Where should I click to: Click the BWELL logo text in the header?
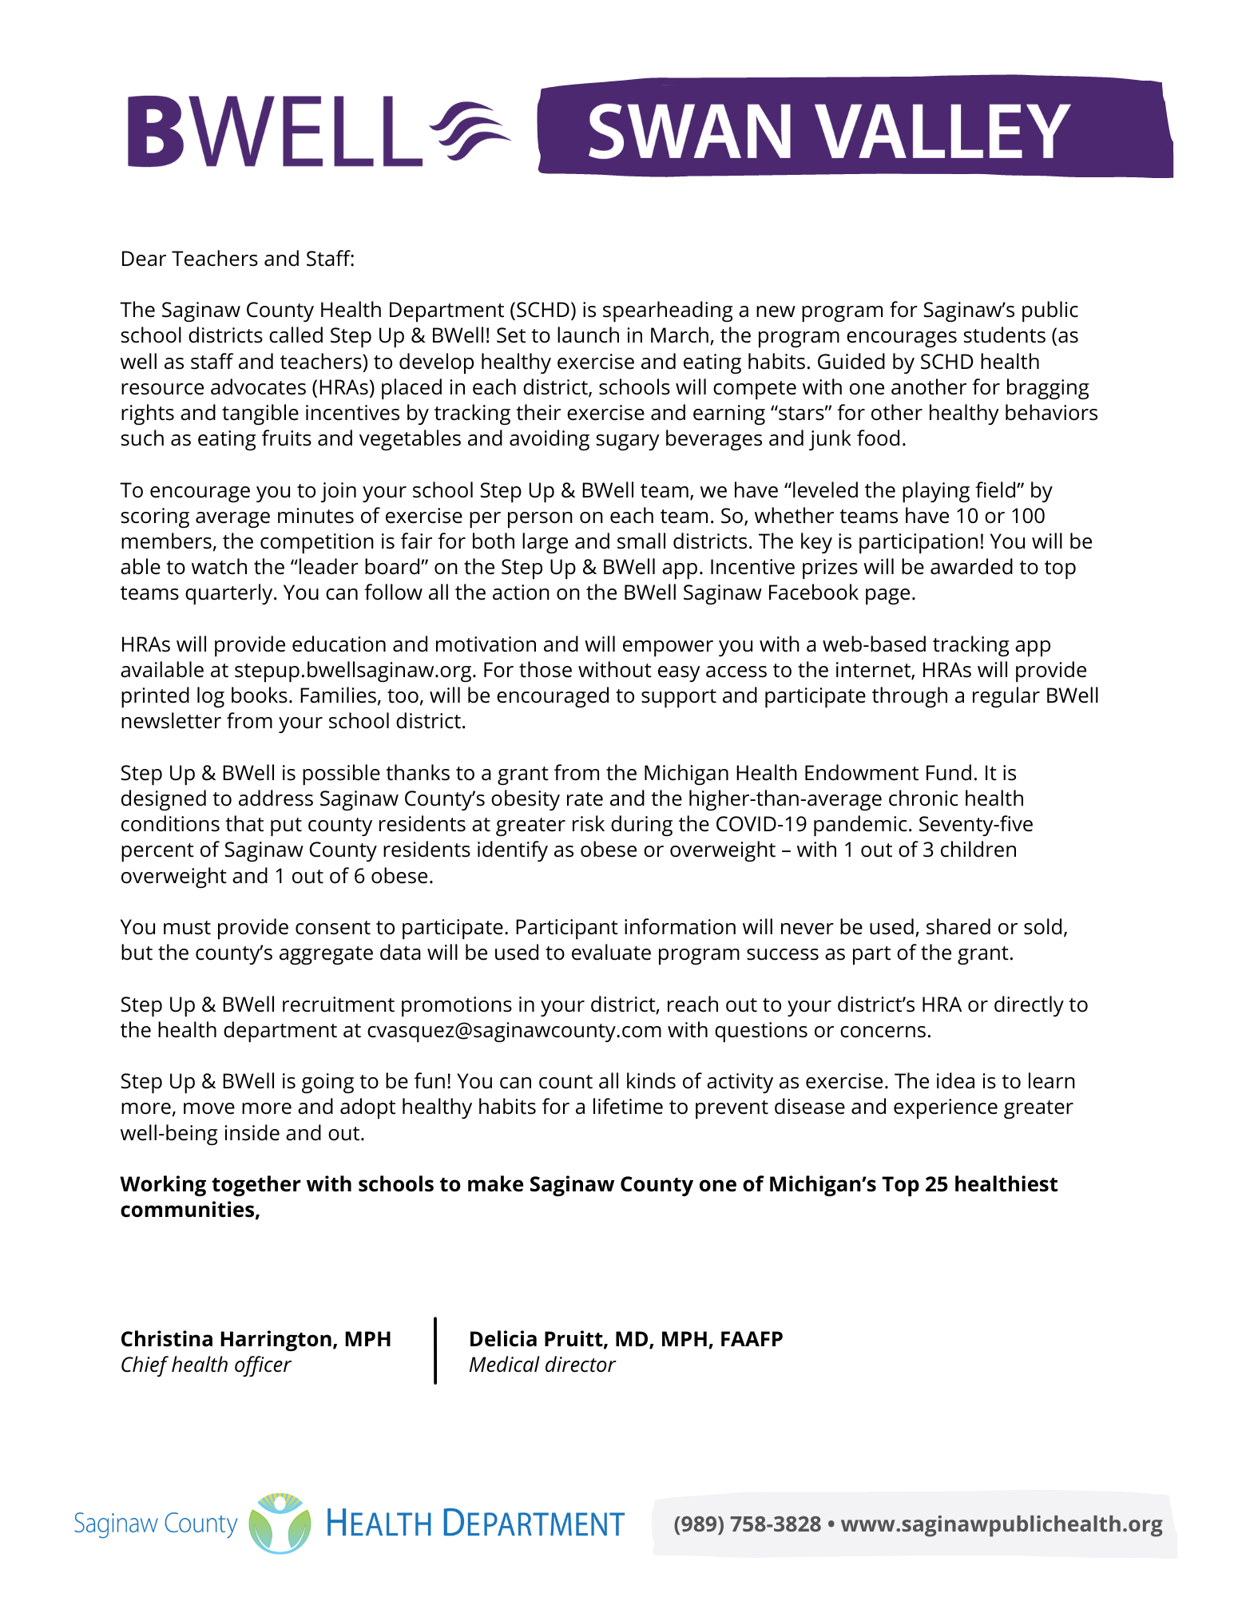[274, 132]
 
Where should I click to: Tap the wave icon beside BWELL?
[470, 132]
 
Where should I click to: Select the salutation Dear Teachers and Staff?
[237, 259]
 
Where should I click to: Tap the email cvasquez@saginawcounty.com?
[514, 1030]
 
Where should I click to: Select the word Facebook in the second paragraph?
[810, 592]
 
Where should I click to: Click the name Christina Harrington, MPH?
[256, 1339]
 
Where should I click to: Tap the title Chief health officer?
[205, 1365]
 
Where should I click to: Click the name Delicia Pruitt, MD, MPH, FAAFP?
[625, 1339]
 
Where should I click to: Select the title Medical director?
[542, 1365]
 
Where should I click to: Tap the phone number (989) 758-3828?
[747, 1524]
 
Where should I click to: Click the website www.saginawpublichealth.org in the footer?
[1002, 1524]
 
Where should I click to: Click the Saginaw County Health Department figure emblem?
[280, 1524]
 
